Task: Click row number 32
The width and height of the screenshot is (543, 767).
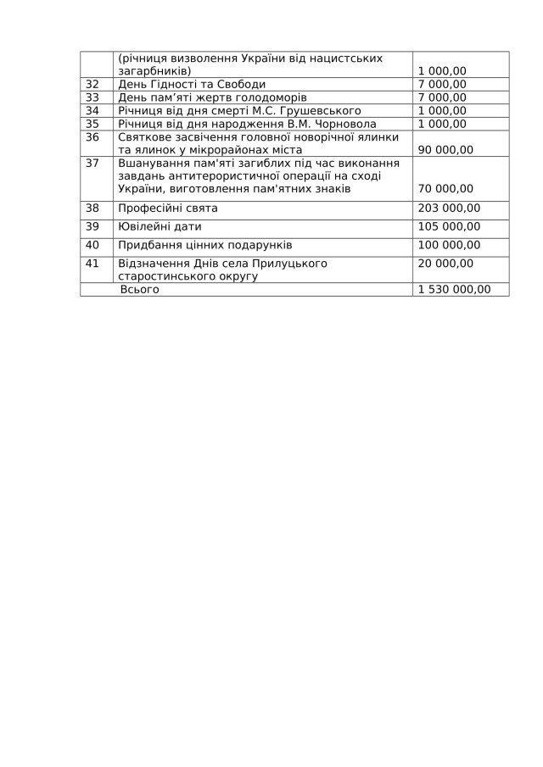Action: [93, 84]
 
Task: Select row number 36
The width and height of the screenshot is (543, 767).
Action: [93, 136]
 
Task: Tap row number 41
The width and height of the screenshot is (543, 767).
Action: [93, 264]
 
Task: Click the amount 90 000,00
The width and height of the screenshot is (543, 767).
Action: [446, 149]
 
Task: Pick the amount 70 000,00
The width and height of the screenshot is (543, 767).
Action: [446, 188]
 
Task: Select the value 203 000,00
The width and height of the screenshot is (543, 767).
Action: [450, 208]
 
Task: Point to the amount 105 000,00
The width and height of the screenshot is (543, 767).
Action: [450, 226]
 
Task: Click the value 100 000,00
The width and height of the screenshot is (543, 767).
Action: [450, 245]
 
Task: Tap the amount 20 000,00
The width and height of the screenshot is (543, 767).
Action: [446, 264]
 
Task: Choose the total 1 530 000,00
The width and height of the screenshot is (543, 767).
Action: [455, 289]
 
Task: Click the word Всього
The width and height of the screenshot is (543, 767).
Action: [140, 289]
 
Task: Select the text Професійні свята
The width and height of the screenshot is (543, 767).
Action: [168, 208]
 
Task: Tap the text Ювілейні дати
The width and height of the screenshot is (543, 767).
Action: [160, 226]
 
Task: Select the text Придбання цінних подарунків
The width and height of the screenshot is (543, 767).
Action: [204, 245]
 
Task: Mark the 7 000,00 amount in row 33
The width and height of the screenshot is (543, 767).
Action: [442, 97]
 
